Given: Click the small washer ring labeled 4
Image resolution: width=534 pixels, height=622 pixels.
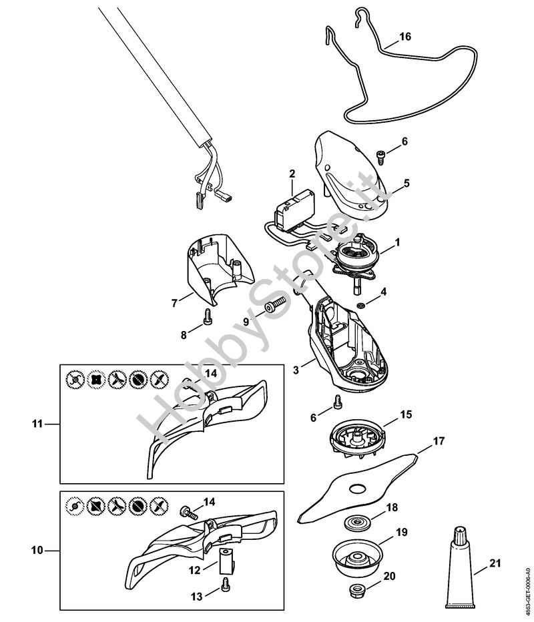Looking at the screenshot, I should coord(360,306).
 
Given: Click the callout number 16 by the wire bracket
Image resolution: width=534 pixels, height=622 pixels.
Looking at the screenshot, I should coord(406,37).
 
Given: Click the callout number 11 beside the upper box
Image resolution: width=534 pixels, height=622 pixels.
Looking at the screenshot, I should coord(37,423).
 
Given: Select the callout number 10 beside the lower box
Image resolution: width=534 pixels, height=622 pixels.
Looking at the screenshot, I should coord(37,551).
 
